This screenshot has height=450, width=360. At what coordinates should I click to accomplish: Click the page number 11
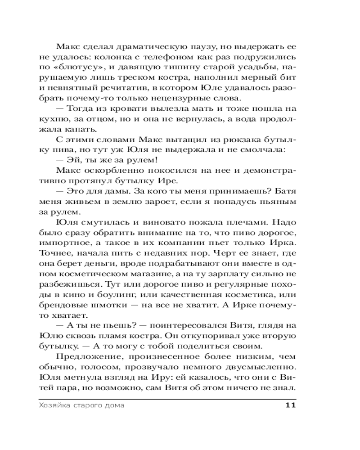tap(290, 405)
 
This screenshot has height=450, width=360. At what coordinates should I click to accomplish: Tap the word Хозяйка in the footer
tap(49, 405)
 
